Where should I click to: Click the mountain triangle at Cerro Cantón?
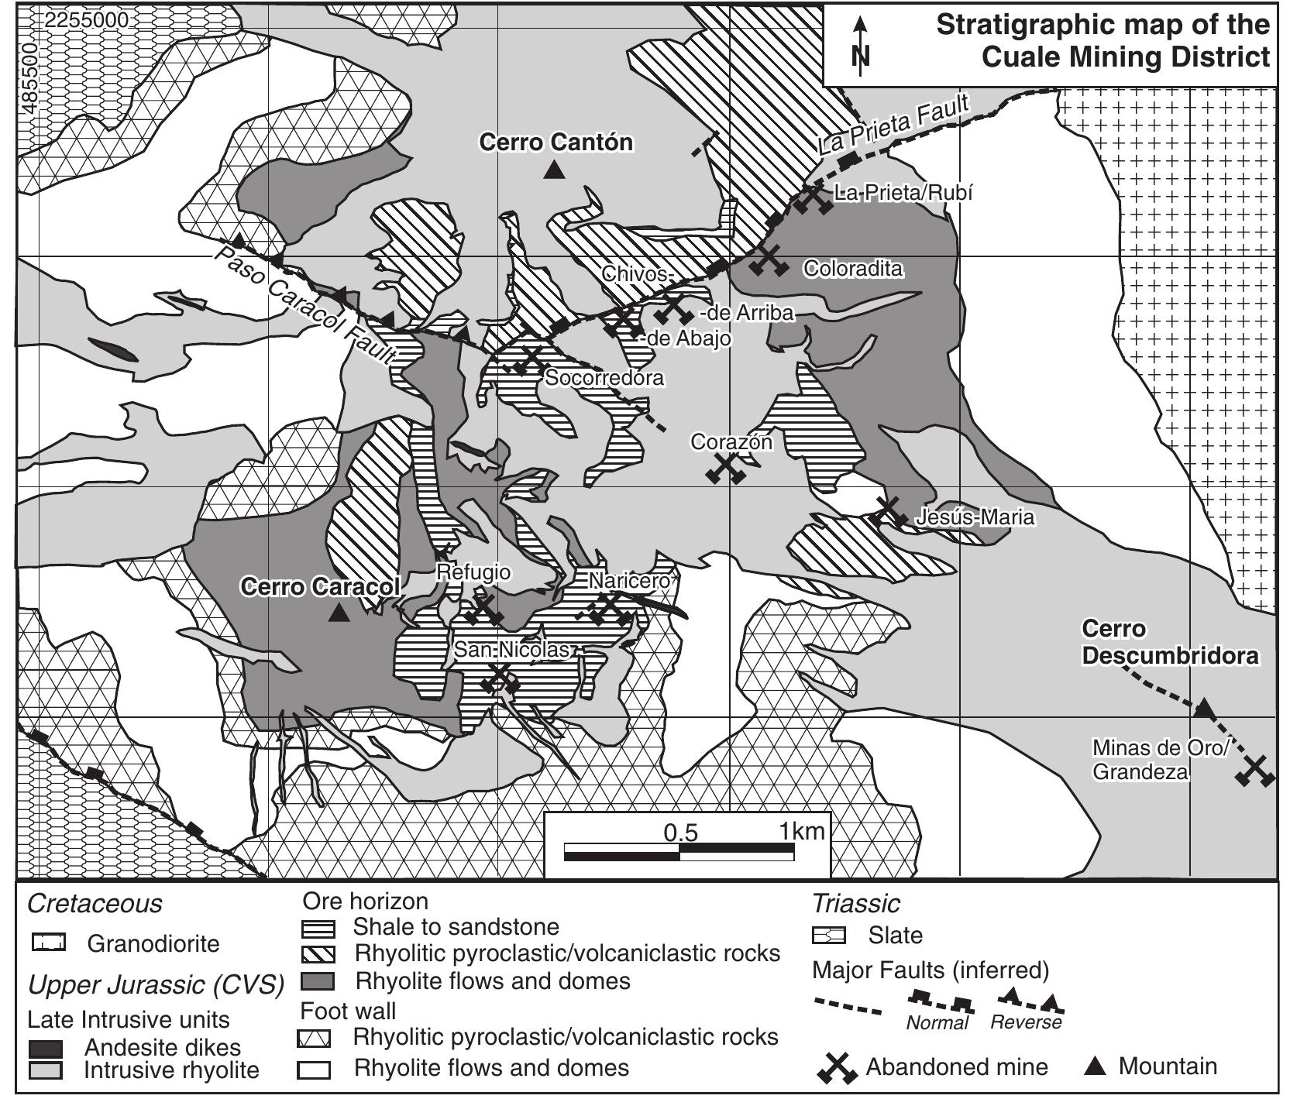point(553,170)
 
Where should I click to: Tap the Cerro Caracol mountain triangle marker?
point(339,613)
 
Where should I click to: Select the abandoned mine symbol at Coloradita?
point(769,260)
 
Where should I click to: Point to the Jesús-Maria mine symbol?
point(889,512)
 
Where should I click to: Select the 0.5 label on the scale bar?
point(681,833)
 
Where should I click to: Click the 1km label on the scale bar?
point(802,832)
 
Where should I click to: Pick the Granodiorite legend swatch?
point(49,943)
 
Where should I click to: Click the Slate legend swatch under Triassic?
point(828,936)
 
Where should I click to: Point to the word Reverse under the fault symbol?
point(1026,1022)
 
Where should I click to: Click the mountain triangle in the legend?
point(1094,1067)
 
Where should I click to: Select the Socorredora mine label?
point(604,378)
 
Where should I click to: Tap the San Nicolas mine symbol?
point(500,679)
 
